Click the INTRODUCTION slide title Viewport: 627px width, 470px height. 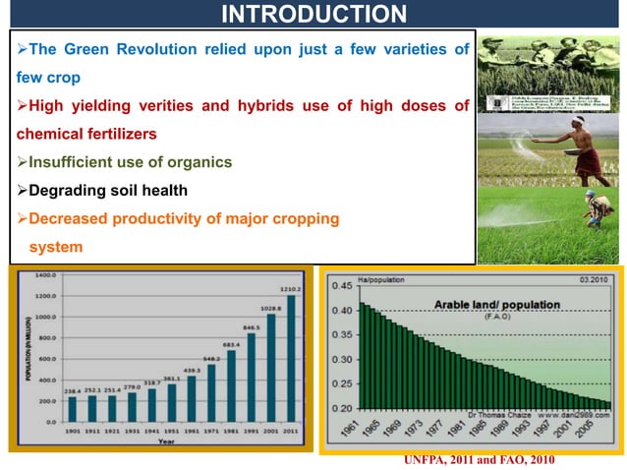pos(313,14)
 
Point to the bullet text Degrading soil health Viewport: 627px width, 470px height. pos(107,190)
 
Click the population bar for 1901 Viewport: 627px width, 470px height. pos(72,408)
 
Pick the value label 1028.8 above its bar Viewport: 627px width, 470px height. pos(270,308)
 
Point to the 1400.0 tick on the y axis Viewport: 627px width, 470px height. pos(42,275)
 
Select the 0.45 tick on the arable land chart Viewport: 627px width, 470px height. pos(341,286)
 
